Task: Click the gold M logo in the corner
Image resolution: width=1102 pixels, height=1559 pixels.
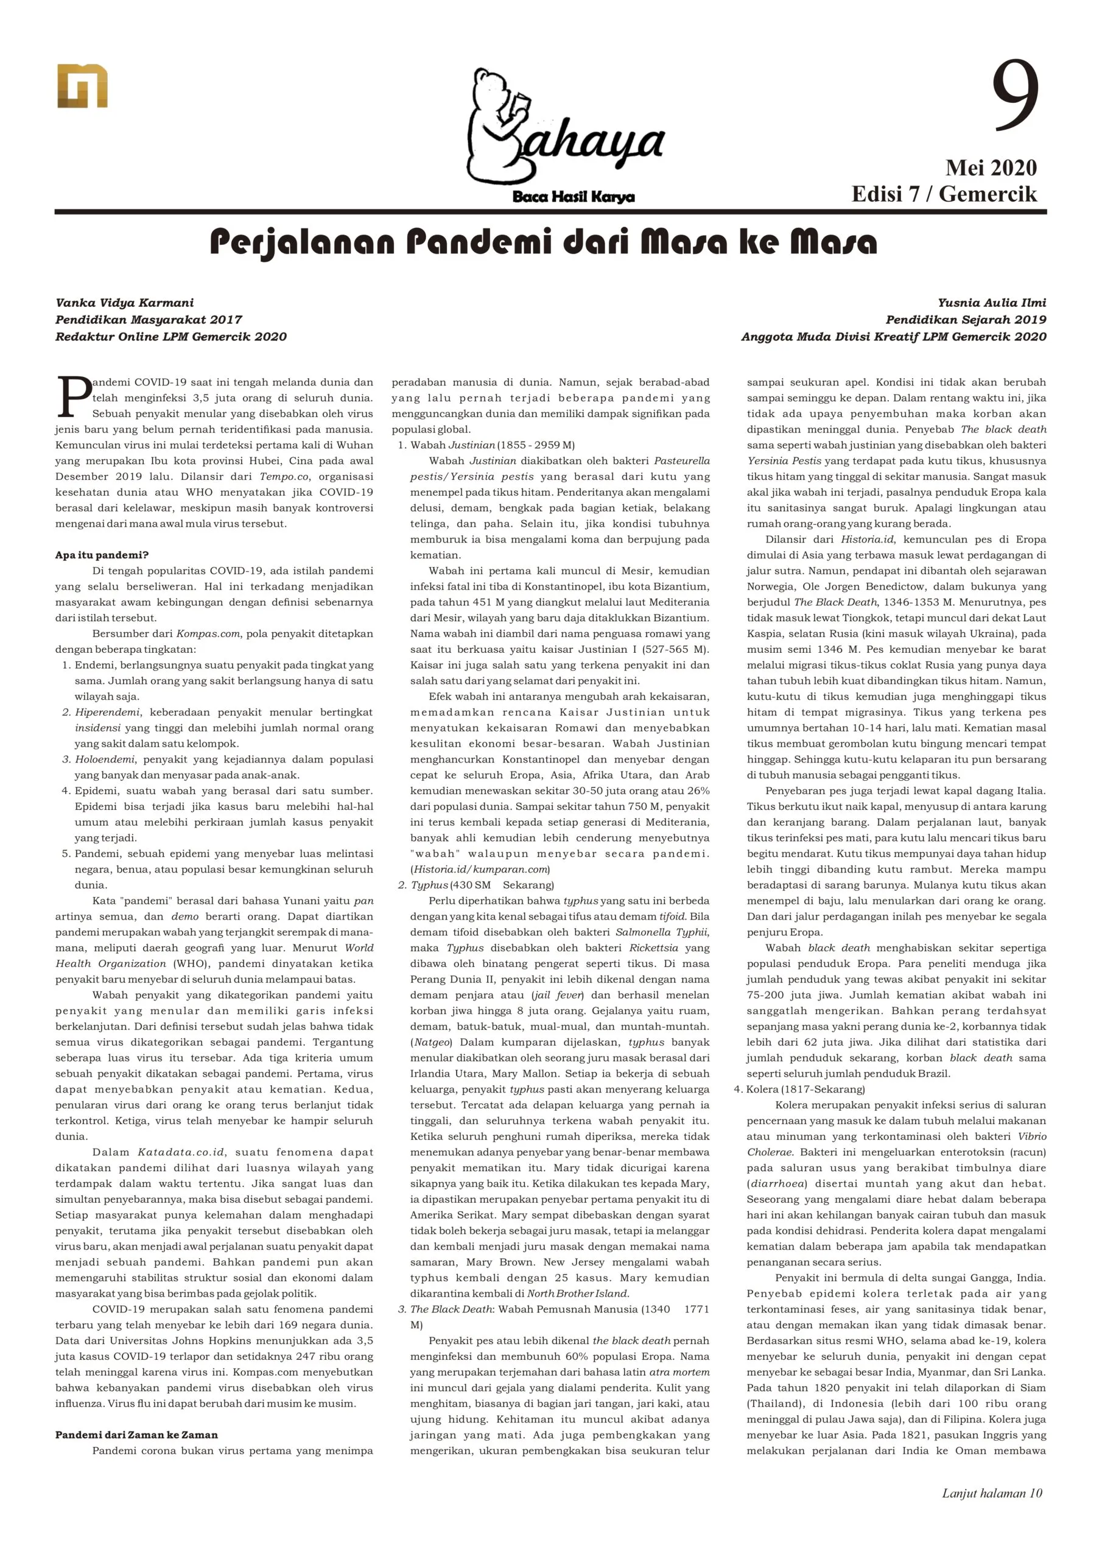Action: point(82,86)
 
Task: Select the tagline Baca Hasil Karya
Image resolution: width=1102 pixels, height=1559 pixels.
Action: point(573,197)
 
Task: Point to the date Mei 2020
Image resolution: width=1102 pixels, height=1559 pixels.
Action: point(991,167)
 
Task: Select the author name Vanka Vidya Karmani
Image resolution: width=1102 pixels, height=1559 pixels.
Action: point(125,303)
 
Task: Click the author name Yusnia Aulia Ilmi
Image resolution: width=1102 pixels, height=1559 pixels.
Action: point(991,303)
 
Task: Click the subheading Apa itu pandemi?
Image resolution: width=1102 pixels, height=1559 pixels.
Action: point(102,555)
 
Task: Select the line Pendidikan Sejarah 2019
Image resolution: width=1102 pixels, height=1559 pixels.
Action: point(966,320)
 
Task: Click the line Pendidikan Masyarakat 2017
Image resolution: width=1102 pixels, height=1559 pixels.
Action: point(149,320)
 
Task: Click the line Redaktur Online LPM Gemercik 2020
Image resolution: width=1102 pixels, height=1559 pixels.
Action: point(171,337)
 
